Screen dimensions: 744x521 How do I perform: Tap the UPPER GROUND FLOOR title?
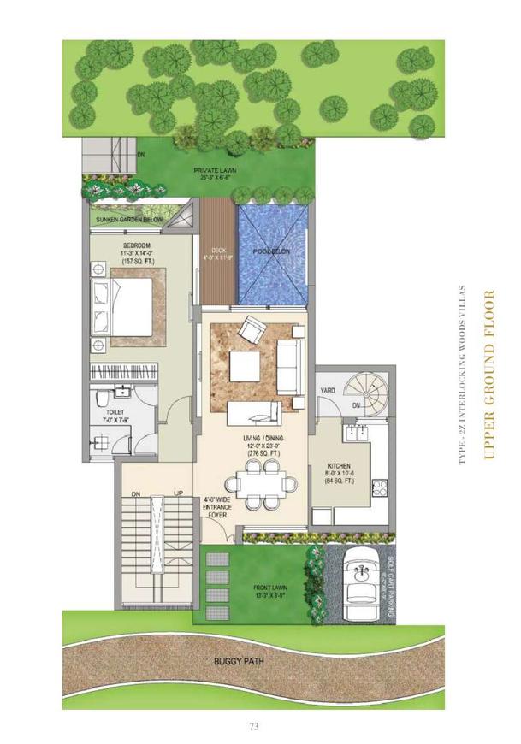click(x=489, y=375)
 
